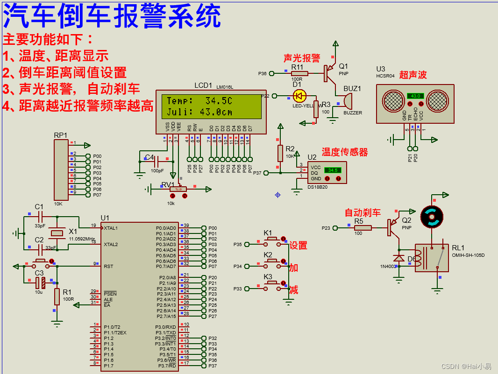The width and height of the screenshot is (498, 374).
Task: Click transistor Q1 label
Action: pyautogui.click(x=343, y=66)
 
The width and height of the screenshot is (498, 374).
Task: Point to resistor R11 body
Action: pyautogui.click(x=299, y=73)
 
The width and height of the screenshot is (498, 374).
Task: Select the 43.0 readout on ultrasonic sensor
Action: pyautogui.click(x=415, y=96)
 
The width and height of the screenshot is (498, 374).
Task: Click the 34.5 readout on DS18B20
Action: pyautogui.click(x=333, y=170)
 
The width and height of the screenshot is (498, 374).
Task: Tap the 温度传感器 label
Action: pyautogui.click(x=344, y=152)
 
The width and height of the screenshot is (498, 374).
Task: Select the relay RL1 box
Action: pyautogui.click(x=432, y=258)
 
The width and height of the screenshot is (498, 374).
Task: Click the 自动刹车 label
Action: pyautogui.click(x=363, y=212)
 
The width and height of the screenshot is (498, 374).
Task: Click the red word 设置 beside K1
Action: pyautogui.click(x=299, y=246)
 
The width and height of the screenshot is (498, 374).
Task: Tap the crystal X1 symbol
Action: pyautogui.click(x=57, y=233)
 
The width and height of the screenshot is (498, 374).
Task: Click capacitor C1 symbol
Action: pyautogui.click(x=40, y=217)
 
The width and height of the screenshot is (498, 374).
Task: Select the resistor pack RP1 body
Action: pyautogui.click(x=61, y=170)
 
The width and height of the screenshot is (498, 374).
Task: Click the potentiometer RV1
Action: pyautogui.click(x=178, y=189)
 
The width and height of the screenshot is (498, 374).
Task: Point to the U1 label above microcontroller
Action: pyautogui.click(x=105, y=218)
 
